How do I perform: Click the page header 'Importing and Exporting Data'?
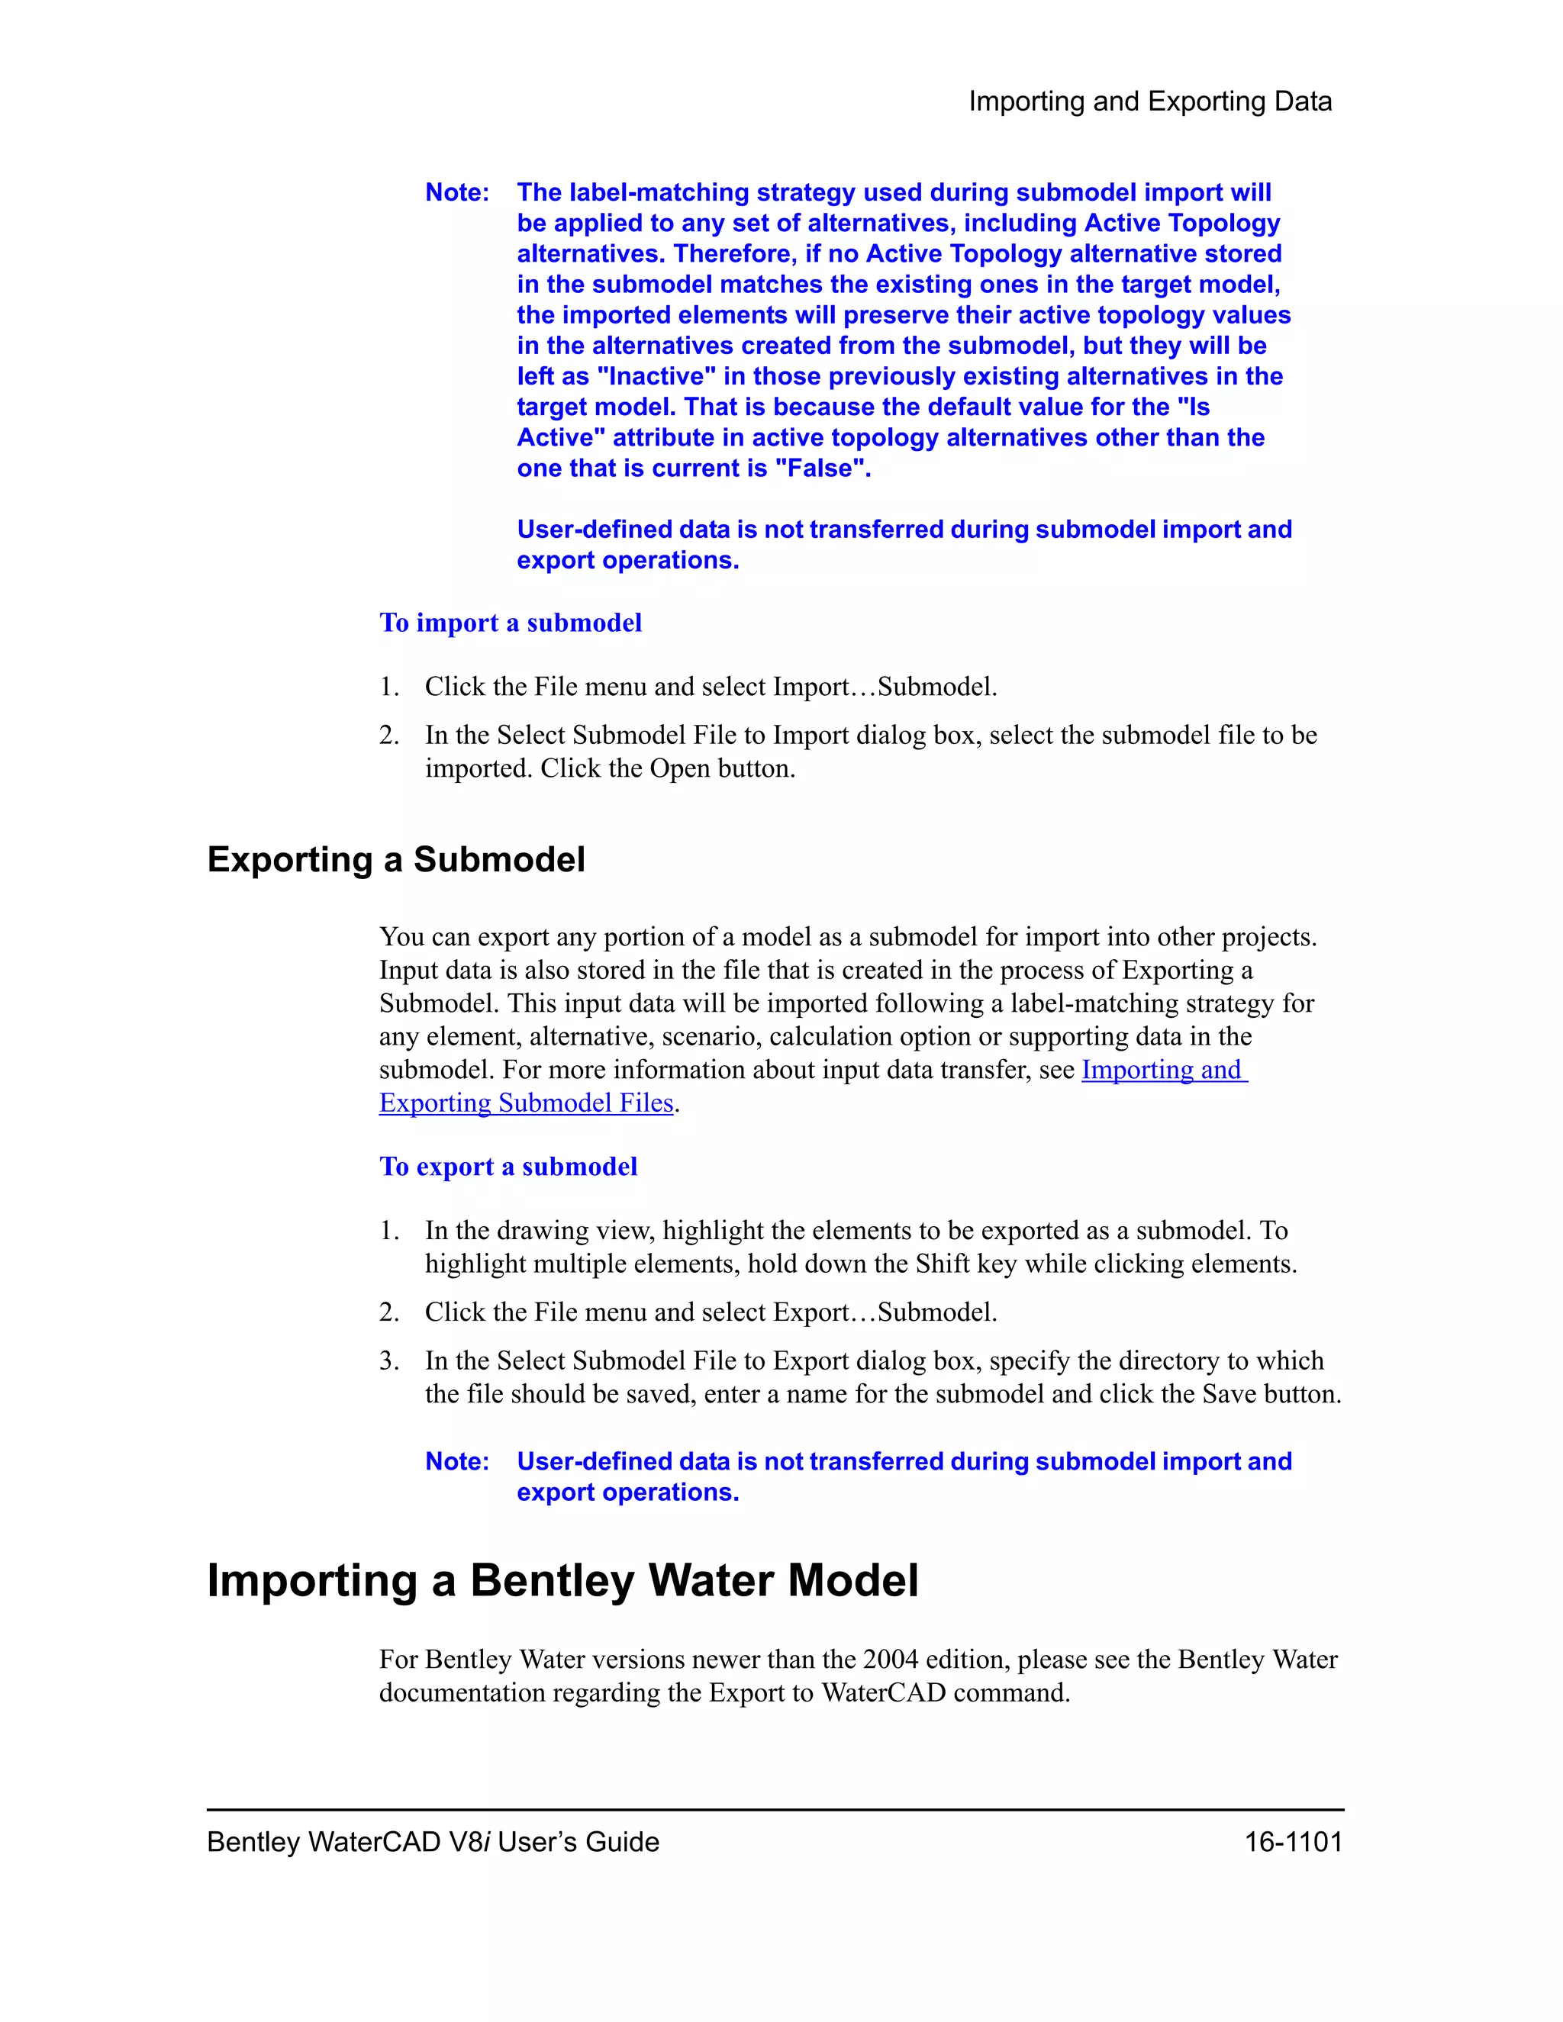tap(1149, 101)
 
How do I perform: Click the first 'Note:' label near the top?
tap(456, 192)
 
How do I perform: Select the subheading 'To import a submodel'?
tap(511, 623)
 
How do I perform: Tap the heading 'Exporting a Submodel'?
tap(396, 860)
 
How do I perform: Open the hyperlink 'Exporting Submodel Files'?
tap(526, 1103)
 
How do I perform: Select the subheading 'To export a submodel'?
tap(508, 1167)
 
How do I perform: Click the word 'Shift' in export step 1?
tap(942, 1264)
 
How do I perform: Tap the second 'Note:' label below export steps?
tap(456, 1462)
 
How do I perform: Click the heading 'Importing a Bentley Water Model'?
tap(562, 1581)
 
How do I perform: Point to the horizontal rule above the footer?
tap(775, 1809)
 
